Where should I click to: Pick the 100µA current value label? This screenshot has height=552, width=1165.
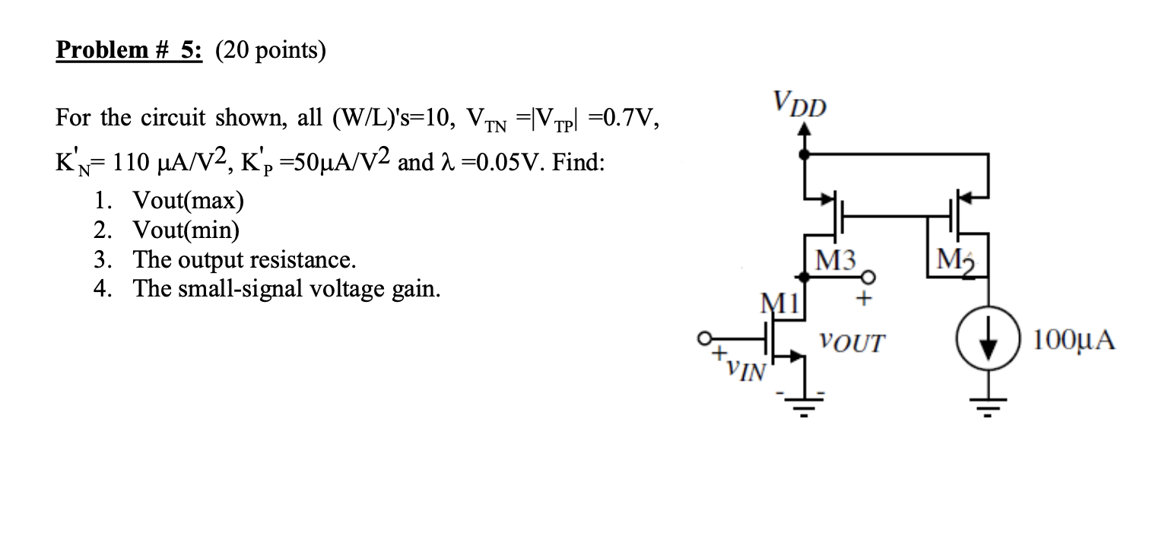pos(1073,340)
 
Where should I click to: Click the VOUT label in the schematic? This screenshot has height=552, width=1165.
pos(852,342)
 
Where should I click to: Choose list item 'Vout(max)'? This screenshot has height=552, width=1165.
pos(189,200)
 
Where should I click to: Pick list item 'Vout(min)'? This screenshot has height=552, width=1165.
pos(186,230)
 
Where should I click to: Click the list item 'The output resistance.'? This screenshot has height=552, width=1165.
pos(244,259)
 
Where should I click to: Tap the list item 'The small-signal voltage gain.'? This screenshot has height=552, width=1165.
pos(287,289)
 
